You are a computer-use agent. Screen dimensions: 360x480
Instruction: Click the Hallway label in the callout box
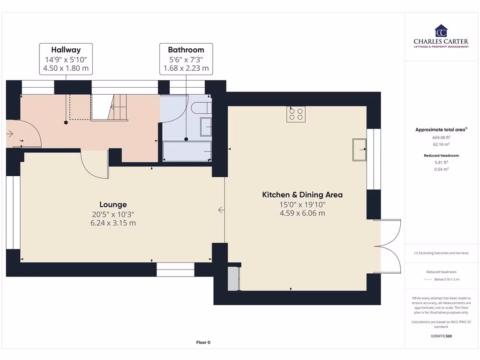66,50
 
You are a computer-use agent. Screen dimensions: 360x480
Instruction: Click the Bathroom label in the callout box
186,50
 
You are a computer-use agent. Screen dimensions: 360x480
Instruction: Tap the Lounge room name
113,204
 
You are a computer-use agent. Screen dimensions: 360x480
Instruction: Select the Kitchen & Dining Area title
302,195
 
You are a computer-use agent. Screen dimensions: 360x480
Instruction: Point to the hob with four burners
296,114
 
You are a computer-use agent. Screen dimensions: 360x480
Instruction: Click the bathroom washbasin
206,126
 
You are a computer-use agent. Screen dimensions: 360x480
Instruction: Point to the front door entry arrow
10,134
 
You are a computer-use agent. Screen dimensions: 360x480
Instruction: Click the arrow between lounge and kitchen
221,210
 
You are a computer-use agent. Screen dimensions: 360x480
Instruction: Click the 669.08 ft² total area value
441,138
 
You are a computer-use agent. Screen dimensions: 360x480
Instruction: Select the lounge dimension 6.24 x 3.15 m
113,223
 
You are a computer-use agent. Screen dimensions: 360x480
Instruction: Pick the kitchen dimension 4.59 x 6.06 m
302,213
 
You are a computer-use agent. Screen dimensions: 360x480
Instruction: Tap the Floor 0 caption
203,342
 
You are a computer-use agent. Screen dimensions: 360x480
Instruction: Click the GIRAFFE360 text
441,336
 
